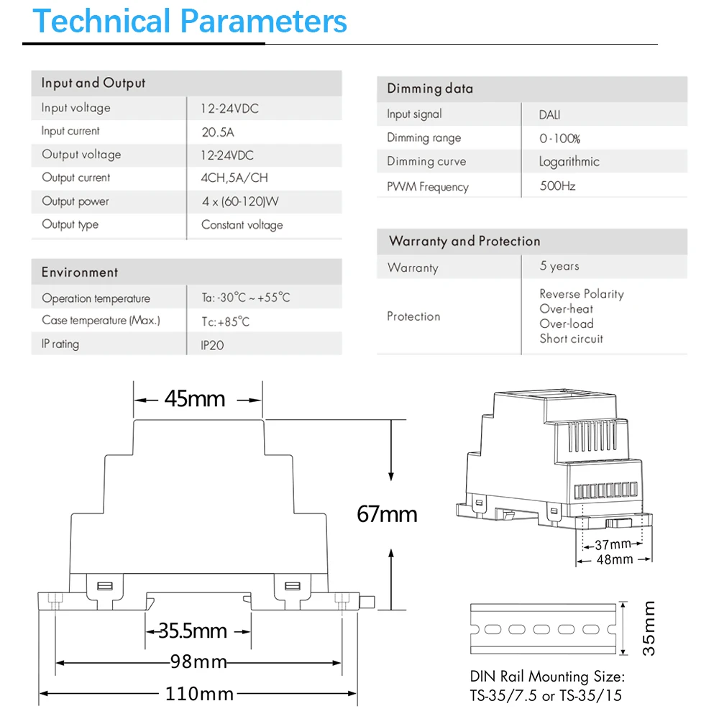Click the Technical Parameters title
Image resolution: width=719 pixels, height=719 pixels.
click(190, 22)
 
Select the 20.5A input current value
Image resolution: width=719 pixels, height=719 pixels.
click(218, 132)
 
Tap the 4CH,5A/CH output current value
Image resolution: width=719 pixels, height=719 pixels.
click(234, 178)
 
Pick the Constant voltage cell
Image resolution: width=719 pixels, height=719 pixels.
click(242, 225)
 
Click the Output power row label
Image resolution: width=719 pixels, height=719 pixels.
click(75, 202)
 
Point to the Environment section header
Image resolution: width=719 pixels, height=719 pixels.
click(80, 273)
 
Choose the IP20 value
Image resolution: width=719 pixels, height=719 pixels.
click(212, 345)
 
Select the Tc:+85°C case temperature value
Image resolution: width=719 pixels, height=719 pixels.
click(226, 322)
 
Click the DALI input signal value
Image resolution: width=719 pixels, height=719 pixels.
click(550, 115)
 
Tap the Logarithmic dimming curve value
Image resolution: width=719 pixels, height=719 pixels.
click(569, 162)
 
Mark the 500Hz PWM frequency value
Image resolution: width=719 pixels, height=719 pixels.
click(558, 186)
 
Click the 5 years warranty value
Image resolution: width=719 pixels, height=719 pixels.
click(559, 266)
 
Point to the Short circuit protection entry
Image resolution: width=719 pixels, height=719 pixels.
click(572, 339)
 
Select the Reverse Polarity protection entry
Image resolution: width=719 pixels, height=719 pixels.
click(582, 294)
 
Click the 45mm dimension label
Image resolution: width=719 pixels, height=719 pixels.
click(195, 398)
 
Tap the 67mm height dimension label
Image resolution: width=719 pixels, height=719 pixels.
click(387, 514)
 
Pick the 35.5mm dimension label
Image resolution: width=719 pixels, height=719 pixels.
click(193, 631)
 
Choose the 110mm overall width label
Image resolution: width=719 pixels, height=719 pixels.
click(199, 694)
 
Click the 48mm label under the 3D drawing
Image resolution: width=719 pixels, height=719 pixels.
click(615, 559)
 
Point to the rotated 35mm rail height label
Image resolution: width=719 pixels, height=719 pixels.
click(649, 628)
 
